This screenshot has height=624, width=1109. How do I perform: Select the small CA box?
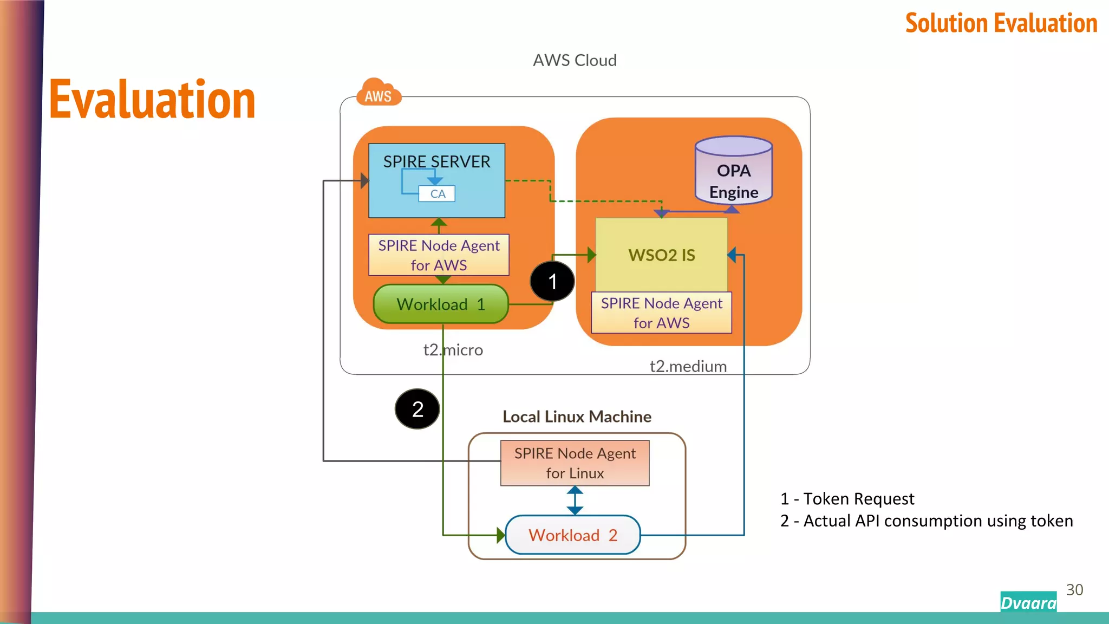tap(437, 194)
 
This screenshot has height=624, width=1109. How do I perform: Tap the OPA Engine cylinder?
tap(734, 172)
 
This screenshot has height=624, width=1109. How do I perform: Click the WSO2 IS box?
tap(661, 255)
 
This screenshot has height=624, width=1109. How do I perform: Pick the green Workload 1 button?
tap(440, 304)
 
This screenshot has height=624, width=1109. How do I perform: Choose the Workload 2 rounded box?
tap(572, 535)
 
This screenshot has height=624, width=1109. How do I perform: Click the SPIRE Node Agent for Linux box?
tap(575, 463)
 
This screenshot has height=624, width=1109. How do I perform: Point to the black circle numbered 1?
tap(552, 282)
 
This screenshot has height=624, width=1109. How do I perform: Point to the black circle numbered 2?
tap(417, 409)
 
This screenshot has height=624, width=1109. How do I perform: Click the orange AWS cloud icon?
tap(378, 93)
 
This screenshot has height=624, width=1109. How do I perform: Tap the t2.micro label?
tap(453, 350)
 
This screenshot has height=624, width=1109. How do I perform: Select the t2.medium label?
tap(688, 367)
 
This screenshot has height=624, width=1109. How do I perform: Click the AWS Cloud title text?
tap(575, 60)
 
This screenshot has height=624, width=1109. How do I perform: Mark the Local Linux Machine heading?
tap(577, 417)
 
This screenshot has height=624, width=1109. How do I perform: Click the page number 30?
tap(1074, 590)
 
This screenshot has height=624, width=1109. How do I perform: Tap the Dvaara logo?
tap(1028, 602)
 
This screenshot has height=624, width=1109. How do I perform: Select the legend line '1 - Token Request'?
tap(847, 499)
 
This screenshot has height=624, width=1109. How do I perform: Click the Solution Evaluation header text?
tap(1001, 23)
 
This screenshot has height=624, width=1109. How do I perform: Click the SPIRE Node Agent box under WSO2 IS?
tap(661, 313)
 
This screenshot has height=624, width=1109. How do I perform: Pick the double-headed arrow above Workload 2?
tap(575, 500)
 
